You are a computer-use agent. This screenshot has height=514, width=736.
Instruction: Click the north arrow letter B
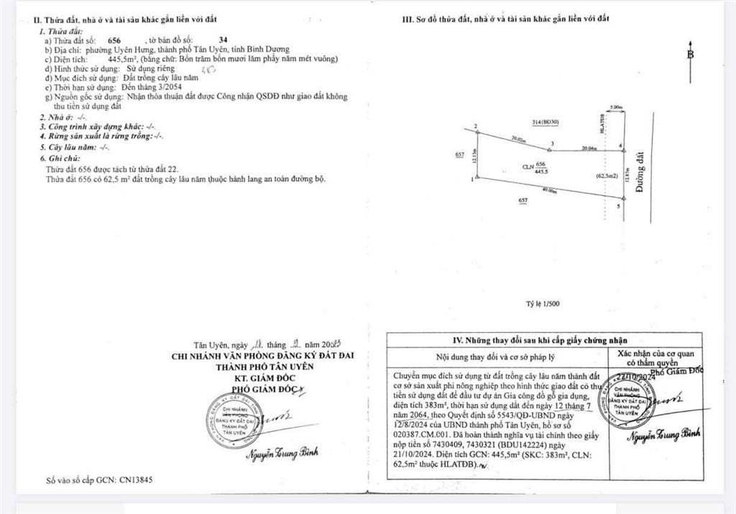coord(691,55)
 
